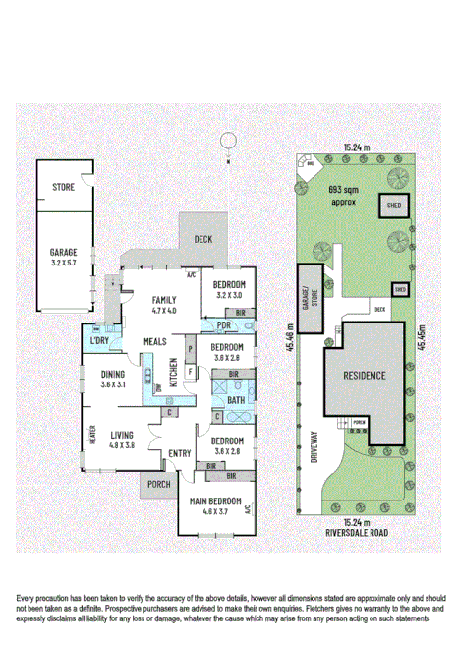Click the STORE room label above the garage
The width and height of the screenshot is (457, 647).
pos(64,185)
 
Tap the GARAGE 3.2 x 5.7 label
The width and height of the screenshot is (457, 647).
pos(63,258)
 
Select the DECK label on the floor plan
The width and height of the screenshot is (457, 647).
pos(202,239)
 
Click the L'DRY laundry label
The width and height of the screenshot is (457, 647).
pos(98,339)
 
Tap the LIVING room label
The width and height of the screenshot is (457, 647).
pos(123,439)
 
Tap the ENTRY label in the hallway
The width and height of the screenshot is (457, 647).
pos(179,452)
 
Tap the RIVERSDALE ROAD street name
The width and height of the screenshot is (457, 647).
pos(365,533)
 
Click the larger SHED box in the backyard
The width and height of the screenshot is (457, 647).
pos(394,207)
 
